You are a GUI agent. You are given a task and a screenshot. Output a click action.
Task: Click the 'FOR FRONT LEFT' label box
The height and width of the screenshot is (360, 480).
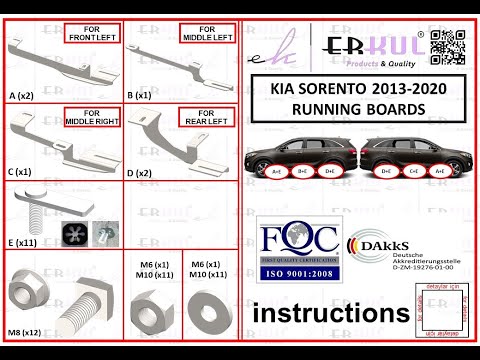(93, 34)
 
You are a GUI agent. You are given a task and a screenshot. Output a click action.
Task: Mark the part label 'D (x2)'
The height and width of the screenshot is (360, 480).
(141, 172)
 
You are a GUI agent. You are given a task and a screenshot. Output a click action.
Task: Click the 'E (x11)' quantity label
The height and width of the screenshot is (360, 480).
(23, 240)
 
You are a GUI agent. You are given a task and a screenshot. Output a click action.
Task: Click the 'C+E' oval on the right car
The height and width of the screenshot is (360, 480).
(414, 171)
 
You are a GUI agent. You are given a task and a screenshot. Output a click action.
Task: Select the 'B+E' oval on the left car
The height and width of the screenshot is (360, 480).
(302, 171)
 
